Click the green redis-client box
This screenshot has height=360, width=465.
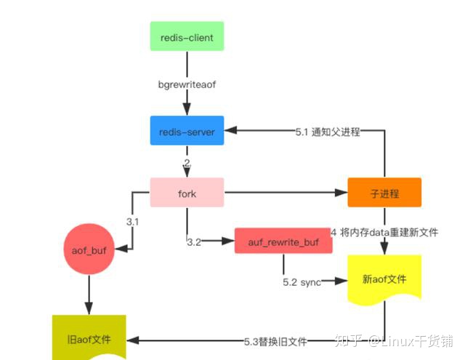pyautogui.click(x=187, y=36)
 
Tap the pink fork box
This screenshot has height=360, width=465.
pyautogui.click(x=187, y=193)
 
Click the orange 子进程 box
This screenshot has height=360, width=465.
pyautogui.click(x=384, y=193)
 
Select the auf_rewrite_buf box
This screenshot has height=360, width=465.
pyautogui.click(x=283, y=241)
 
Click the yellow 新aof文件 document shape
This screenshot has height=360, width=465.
pyautogui.click(x=384, y=280)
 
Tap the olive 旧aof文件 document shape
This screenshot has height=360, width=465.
pyautogui.click(x=89, y=339)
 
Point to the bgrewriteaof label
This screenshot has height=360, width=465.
pyautogui.click(x=187, y=84)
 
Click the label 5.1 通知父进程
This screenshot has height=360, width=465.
pyautogui.click(x=328, y=132)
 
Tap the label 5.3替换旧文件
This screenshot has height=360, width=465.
pyautogui.click(x=276, y=340)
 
